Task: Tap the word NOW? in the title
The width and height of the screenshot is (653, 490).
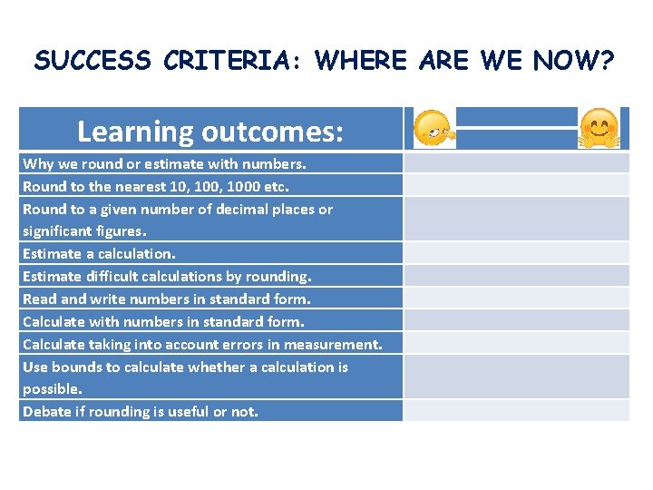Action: (x=574, y=61)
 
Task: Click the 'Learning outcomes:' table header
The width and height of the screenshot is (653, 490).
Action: (x=210, y=132)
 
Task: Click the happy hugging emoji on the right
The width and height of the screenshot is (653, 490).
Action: (x=599, y=129)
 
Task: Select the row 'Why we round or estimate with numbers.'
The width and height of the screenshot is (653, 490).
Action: (x=164, y=164)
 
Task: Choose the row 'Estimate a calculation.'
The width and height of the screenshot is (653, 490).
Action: (x=99, y=254)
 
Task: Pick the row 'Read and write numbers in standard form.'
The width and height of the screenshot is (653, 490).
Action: (x=166, y=299)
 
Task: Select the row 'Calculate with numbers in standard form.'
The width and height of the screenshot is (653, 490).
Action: (x=163, y=321)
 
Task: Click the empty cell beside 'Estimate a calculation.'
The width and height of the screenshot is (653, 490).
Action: (x=516, y=254)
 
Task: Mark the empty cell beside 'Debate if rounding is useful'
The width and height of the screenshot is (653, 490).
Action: (x=516, y=411)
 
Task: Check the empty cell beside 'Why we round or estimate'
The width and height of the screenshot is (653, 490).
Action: (x=516, y=164)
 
